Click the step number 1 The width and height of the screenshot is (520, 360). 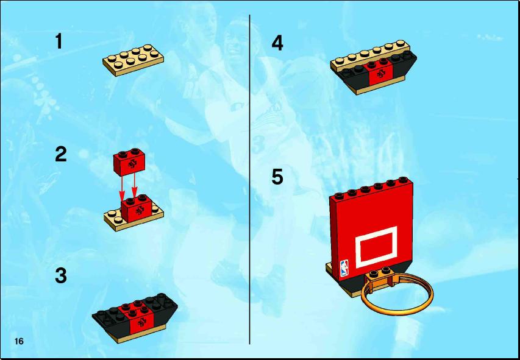point(59,41)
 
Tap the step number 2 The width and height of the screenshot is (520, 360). point(61,155)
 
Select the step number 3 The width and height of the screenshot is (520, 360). point(61,276)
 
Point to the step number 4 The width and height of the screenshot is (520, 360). point(277,43)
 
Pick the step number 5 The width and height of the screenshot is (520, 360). point(277,177)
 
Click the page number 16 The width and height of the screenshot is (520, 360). point(19,341)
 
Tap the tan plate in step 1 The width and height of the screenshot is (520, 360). point(133,60)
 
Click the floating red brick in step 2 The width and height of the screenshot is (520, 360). point(129,162)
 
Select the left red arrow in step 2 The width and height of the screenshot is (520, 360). point(122,189)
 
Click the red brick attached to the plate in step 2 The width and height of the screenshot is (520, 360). point(137,208)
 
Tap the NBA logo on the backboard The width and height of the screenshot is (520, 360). point(344,269)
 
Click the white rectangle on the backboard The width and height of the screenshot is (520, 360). point(376,247)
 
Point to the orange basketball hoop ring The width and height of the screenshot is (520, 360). point(397,311)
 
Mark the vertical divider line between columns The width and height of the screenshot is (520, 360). point(249,179)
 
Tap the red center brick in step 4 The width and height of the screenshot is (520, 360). point(380,71)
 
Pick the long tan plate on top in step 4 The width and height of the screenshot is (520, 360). point(371,56)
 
